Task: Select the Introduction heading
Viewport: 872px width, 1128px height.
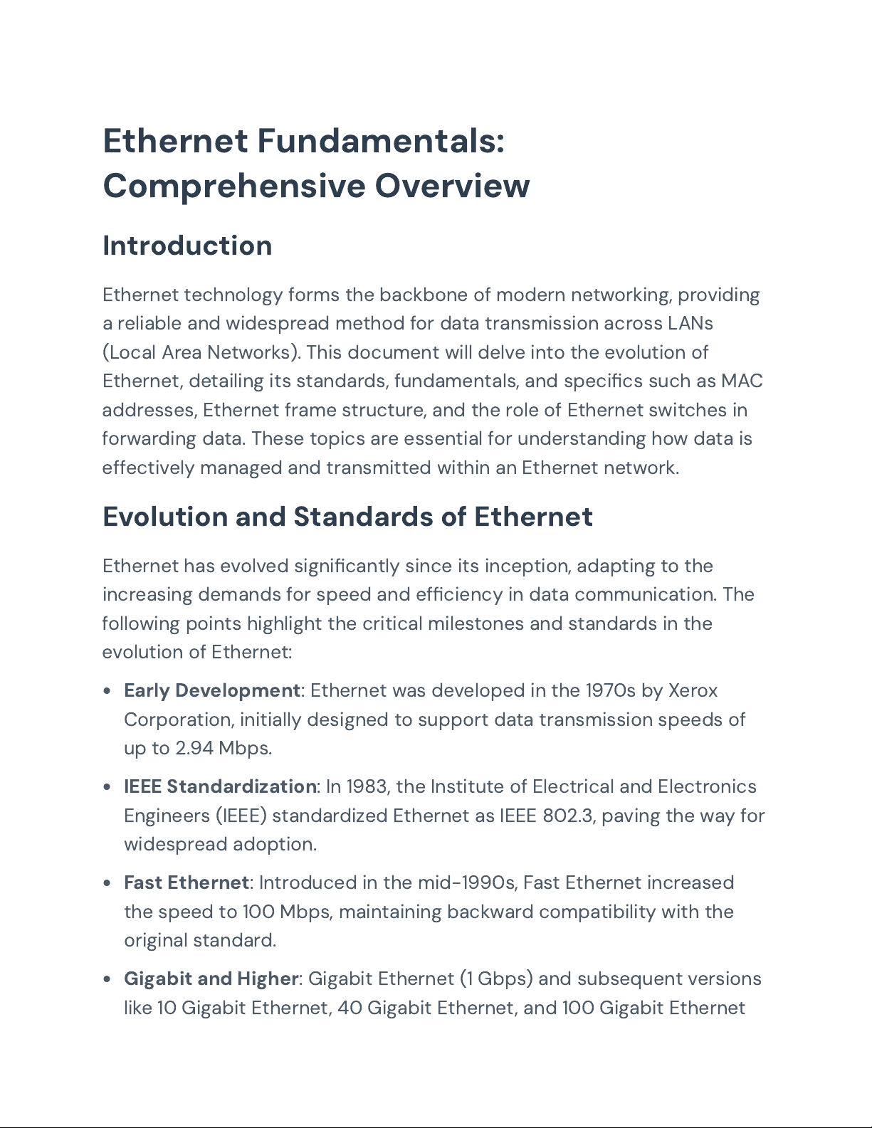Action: (187, 246)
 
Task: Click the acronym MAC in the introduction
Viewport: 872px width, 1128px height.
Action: (742, 381)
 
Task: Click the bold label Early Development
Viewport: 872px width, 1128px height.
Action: (211, 690)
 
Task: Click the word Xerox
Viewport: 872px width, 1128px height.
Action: (693, 690)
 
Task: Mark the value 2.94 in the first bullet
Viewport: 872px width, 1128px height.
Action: (194, 748)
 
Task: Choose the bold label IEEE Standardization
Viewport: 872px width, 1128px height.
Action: (220, 786)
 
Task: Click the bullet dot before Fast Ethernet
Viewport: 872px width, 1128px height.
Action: (107, 883)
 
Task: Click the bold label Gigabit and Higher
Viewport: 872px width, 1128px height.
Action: (211, 979)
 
